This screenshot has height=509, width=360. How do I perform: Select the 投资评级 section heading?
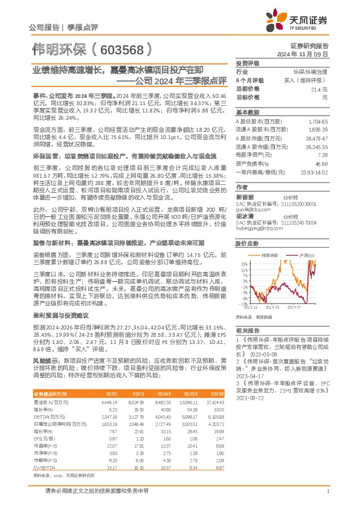(248, 63)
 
